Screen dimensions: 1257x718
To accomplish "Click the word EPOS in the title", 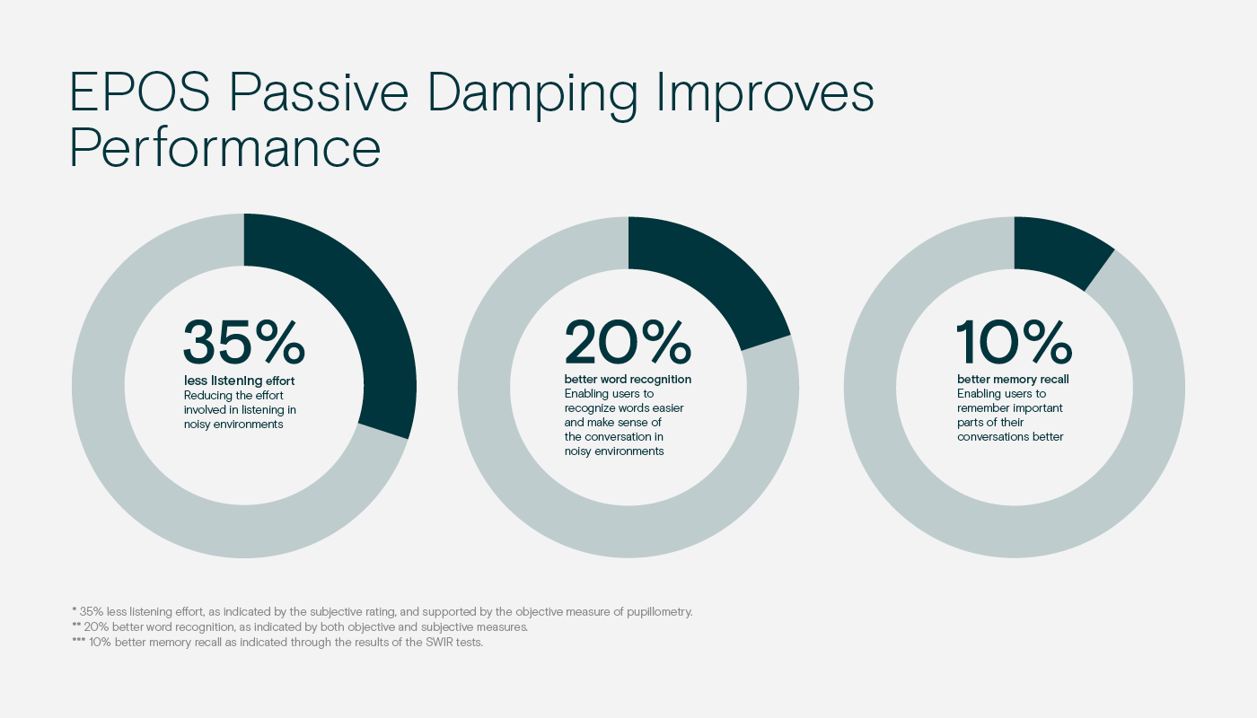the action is (140, 92).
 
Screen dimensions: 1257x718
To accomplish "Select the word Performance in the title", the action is (225, 148).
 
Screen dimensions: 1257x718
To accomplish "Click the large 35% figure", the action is (244, 342).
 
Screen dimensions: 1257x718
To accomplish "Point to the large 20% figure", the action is (628, 342).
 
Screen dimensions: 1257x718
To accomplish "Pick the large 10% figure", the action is (1014, 342).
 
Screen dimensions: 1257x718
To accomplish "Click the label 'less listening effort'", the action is (239, 381).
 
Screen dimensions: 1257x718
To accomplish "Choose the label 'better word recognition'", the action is (628, 379).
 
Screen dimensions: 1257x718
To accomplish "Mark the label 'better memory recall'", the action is (1013, 379).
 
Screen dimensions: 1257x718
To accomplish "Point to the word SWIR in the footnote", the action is (439, 642).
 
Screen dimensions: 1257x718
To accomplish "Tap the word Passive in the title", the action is (319, 92).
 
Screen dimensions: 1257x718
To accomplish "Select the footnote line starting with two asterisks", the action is (300, 627).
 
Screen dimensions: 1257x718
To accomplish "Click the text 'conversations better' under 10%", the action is (1010, 436).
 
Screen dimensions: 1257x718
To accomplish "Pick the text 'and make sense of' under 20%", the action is (612, 422).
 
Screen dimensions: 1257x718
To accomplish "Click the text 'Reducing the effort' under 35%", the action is (233, 395).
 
